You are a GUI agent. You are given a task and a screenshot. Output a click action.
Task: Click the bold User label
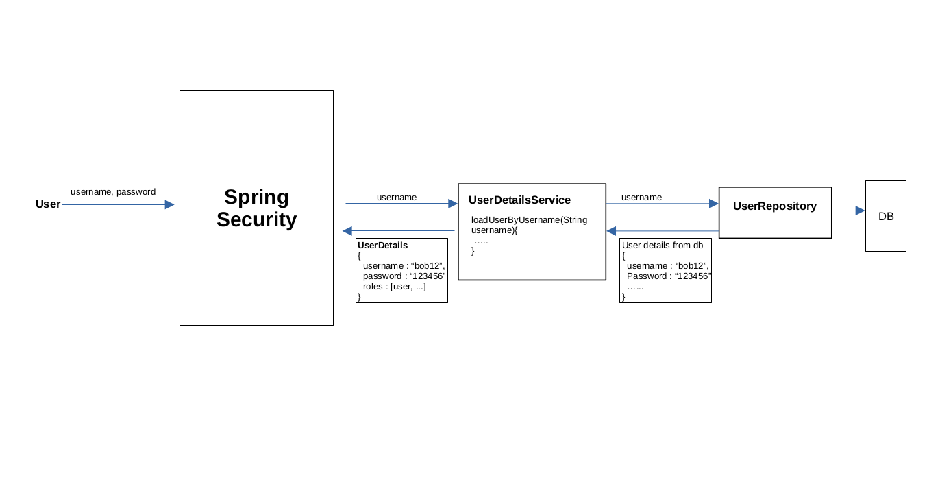point(48,204)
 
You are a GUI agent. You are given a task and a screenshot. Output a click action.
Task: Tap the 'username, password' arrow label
point(113,192)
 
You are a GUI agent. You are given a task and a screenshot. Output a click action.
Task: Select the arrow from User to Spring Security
point(118,204)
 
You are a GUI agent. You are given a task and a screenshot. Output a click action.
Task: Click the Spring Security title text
point(256,208)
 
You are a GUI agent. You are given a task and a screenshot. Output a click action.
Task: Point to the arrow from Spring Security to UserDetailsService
point(401,203)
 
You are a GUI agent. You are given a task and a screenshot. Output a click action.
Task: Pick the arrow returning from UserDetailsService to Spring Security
point(399,230)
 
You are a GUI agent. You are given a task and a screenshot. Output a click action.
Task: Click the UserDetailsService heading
point(519,200)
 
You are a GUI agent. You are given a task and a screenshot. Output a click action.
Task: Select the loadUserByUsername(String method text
point(529,220)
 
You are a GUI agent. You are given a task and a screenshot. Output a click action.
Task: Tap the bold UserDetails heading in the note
point(382,246)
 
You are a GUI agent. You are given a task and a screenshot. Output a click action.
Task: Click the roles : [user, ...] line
point(395,287)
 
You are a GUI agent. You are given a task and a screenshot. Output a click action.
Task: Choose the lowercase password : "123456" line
point(404,276)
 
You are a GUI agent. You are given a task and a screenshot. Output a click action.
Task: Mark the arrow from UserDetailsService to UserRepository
point(663,204)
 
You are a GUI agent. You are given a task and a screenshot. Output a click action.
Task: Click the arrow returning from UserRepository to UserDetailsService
point(663,230)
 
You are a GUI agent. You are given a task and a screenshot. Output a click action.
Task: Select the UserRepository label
point(775,206)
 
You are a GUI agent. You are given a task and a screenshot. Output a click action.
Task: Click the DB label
point(886,216)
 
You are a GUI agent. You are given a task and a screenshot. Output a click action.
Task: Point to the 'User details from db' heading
point(663,246)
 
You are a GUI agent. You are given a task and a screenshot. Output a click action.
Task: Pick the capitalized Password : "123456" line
point(669,276)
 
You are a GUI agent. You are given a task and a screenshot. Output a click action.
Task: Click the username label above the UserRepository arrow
point(641,198)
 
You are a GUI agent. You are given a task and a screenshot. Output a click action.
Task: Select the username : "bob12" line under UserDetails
point(404,266)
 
